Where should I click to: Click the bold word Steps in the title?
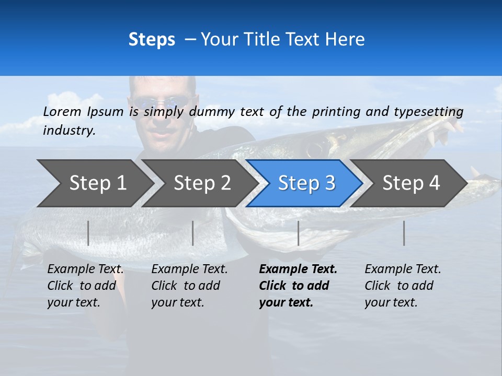[152, 40]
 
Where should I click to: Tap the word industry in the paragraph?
[69, 130]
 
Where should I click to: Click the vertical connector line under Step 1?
[88, 233]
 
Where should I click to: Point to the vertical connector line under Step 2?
[193, 233]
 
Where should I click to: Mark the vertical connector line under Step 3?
[298, 233]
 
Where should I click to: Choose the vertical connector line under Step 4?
[404, 233]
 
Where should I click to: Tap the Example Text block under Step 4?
[403, 286]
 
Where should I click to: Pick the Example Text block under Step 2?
[189, 286]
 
